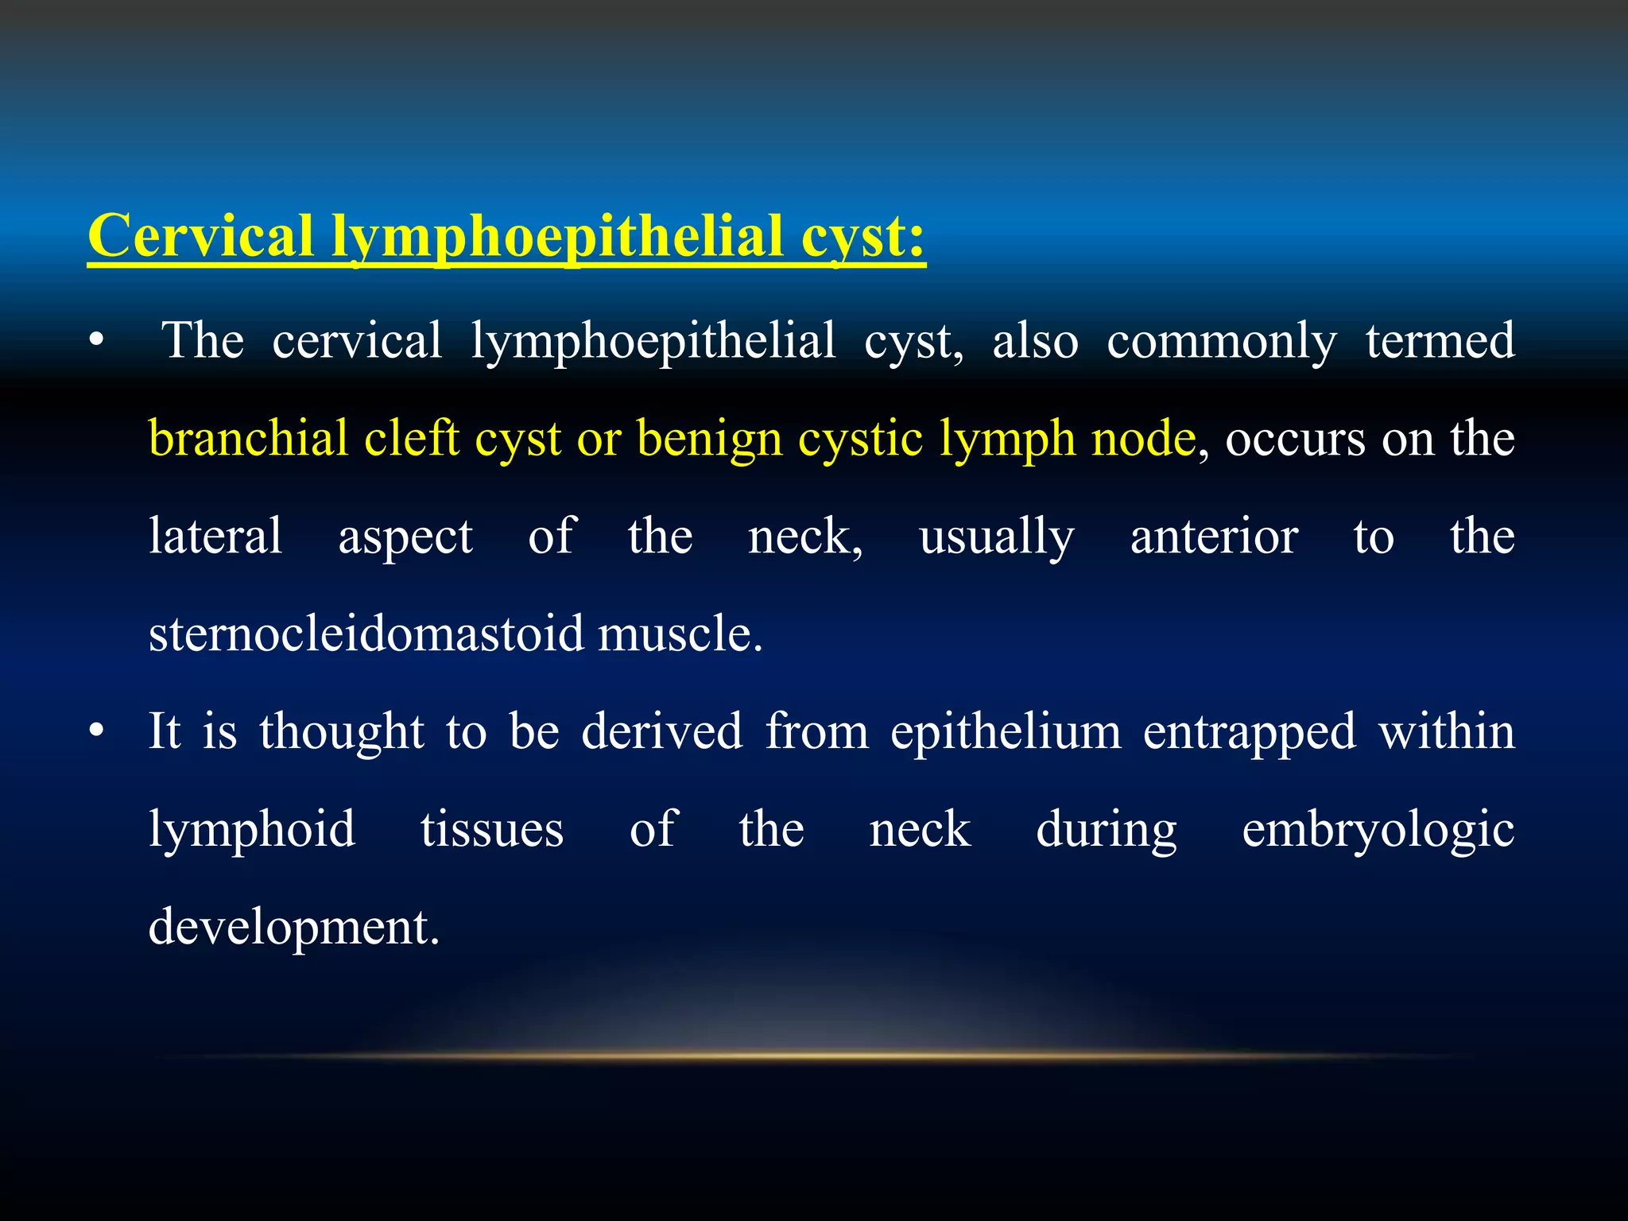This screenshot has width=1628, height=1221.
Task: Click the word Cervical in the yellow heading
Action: click(x=201, y=236)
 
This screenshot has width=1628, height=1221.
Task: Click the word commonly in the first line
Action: click(x=1221, y=342)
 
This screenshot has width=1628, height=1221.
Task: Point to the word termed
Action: click(x=1440, y=342)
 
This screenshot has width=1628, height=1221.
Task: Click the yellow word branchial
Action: click(x=248, y=439)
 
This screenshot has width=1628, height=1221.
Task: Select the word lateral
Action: click(x=215, y=536)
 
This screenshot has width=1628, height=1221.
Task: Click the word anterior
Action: click(x=1214, y=536)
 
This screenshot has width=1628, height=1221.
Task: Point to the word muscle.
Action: click(x=679, y=634)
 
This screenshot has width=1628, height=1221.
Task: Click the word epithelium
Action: click(x=1005, y=732)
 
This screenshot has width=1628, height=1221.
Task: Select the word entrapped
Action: click(x=1249, y=732)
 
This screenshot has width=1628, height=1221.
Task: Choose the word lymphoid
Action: click(x=252, y=830)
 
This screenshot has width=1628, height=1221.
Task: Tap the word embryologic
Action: click(x=1378, y=830)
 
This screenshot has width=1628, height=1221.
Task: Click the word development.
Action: click(x=293, y=927)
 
